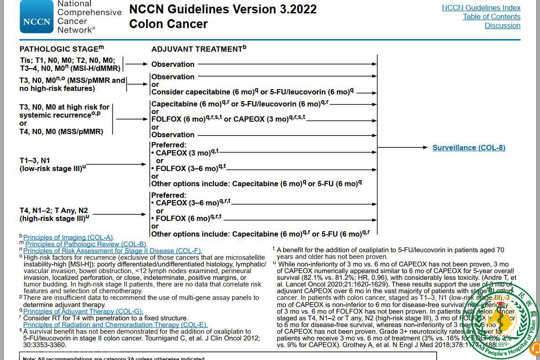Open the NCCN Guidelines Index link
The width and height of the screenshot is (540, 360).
(481, 8)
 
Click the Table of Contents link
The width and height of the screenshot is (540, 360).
(491, 16)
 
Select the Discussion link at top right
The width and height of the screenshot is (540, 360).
(502, 25)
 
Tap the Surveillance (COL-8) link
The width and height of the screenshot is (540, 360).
(469, 147)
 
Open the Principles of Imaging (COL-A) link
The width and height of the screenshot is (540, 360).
(68, 237)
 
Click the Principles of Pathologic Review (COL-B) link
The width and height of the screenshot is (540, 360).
(86, 244)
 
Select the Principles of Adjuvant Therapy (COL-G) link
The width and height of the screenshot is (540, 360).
(83, 311)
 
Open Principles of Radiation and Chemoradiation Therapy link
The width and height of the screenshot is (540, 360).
(115, 325)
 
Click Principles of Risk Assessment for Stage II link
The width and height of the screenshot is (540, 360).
(112, 251)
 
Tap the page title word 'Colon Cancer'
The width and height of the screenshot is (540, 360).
(168, 24)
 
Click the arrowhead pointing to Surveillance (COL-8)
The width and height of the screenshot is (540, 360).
(425, 147)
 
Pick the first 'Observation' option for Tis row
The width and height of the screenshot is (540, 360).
(173, 64)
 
